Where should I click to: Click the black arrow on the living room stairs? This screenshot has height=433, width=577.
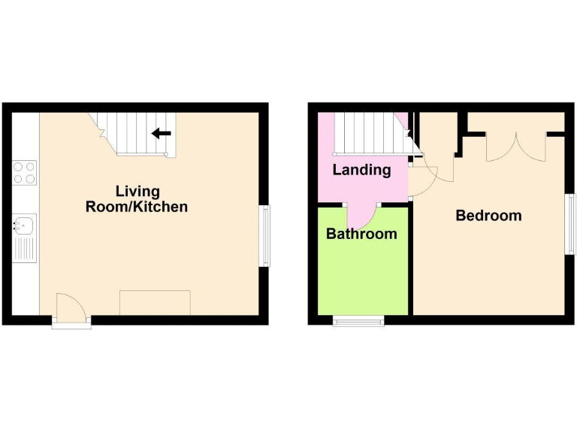tap(161, 134)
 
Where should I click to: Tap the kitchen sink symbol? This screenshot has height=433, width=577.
tap(24, 223)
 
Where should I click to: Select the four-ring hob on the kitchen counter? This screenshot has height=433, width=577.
tap(25, 173)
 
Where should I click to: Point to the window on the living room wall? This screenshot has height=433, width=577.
tap(264, 235)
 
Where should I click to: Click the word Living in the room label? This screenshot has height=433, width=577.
tap(137, 191)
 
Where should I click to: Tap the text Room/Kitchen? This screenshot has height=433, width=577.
tap(137, 207)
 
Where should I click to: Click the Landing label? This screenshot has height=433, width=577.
tap(361, 170)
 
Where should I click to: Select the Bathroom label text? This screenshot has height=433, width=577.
tap(361, 234)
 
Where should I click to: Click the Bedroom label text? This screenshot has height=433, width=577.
tap(488, 216)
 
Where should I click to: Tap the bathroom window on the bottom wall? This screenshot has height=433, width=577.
tap(358, 321)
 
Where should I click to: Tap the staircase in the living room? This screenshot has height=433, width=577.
tap(135, 133)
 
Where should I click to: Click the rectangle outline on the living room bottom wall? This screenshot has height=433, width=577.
tap(155, 302)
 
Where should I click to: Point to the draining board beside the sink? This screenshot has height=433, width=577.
tap(25, 247)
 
